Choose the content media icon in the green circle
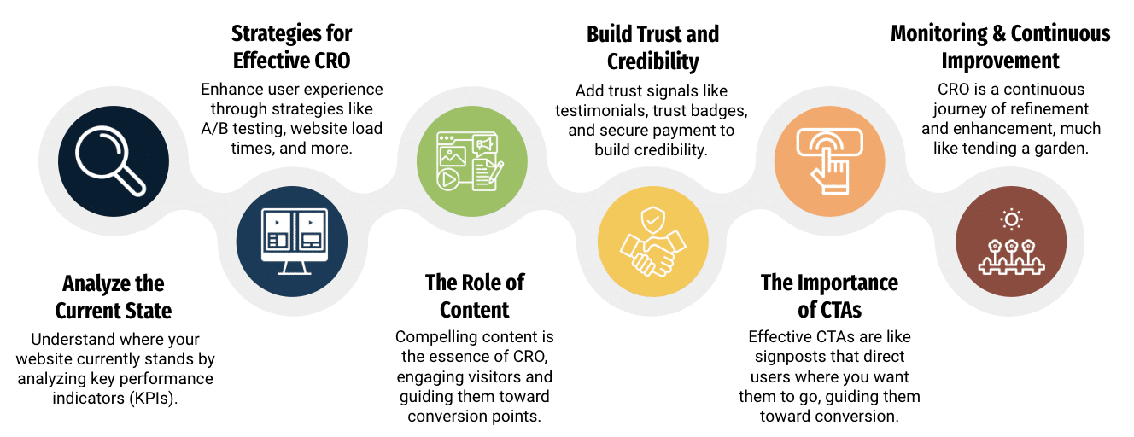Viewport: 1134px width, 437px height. point(472,160)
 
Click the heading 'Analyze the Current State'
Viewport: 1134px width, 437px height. point(114,296)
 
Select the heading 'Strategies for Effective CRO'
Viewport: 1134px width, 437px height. point(292,47)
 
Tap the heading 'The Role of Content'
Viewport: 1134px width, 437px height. point(475,295)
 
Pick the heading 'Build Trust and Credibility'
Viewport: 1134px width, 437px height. point(652,48)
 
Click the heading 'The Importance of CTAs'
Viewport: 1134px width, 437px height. point(829,295)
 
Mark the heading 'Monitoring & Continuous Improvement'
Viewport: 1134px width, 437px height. point(1001,47)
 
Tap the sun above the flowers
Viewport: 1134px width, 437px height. point(1012,220)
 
